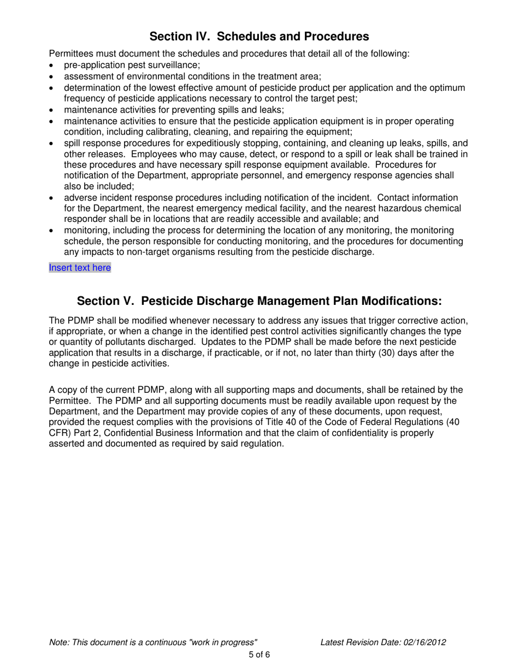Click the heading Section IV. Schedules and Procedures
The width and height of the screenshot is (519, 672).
click(x=259, y=37)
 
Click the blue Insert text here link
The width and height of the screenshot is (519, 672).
click(x=80, y=268)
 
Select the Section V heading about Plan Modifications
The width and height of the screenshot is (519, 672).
click(x=259, y=302)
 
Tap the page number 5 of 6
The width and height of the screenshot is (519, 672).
click(x=259, y=655)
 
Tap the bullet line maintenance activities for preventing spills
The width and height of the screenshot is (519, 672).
click(x=174, y=110)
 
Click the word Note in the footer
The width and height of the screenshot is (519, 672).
click(x=58, y=642)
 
